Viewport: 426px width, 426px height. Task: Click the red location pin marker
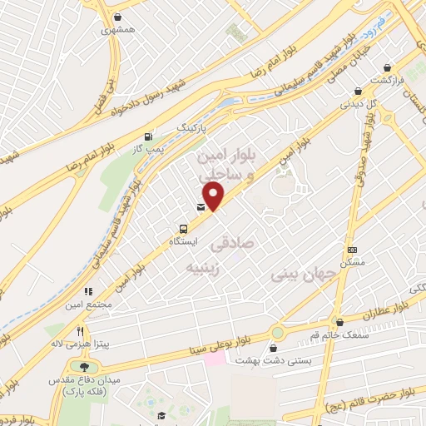coord(214,196)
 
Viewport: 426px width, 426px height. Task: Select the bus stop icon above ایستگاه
coord(183,228)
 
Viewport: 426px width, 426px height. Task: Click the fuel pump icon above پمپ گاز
coord(148,136)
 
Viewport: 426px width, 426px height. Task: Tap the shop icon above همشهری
coord(118,16)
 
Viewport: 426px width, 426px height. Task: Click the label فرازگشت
coord(387,82)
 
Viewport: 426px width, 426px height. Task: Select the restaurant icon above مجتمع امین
coord(88,291)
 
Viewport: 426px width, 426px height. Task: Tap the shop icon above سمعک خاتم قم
coord(338,322)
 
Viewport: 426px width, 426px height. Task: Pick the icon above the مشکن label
coord(352,250)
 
